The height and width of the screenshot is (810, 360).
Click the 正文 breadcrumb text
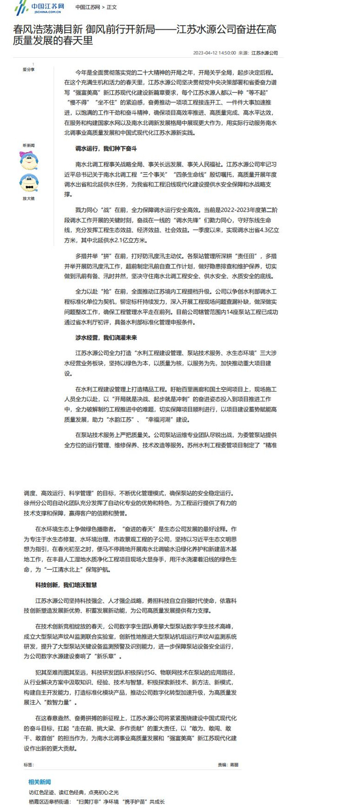[112, 7]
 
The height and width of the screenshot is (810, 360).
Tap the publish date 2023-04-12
[205, 53]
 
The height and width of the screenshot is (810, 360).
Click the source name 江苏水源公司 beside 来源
[265, 53]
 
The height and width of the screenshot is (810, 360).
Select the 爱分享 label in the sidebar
[28, 69]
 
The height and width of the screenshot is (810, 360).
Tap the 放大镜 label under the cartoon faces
[28, 198]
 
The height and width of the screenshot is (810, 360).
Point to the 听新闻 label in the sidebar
[28, 145]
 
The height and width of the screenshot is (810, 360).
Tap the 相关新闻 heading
[40, 782]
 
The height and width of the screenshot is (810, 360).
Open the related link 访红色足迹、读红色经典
[74, 792]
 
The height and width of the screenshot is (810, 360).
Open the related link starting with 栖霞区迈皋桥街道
[96, 802]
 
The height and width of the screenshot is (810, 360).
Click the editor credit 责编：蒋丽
[228, 765]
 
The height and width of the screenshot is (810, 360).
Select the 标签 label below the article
[29, 765]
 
